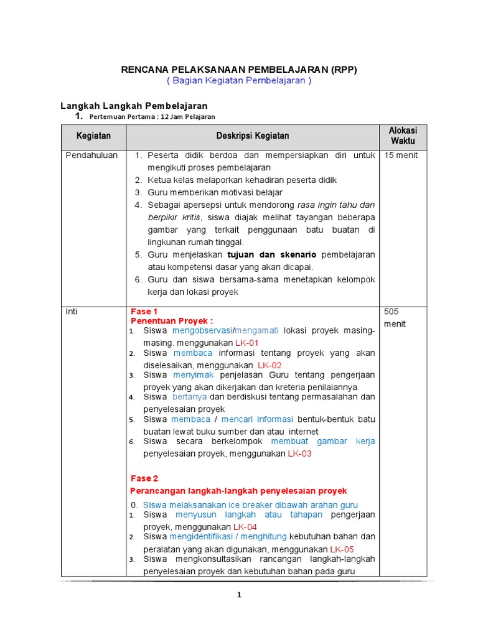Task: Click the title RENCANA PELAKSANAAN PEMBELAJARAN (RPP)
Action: point(239,70)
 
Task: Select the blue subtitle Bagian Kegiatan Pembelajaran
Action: point(239,81)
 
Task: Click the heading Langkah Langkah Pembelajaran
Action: point(133,106)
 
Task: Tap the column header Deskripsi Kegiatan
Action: point(252,136)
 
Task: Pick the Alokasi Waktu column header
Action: point(403,136)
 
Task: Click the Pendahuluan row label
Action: point(91,156)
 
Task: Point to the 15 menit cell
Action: point(401,156)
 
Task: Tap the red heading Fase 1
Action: point(144,311)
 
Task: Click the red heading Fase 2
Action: point(144,478)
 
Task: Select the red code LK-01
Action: point(246,343)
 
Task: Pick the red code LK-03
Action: point(299,453)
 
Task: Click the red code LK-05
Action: point(342,549)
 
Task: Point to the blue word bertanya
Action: point(189,397)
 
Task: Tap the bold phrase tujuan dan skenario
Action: point(272,254)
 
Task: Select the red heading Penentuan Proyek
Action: point(172,321)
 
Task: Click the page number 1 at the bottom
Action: point(239,595)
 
